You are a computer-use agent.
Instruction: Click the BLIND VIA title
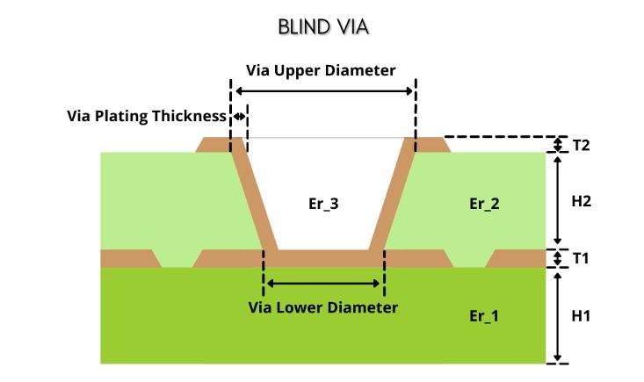click(x=322, y=27)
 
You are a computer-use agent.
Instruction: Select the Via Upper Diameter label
click(x=321, y=69)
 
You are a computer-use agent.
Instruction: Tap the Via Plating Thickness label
click(x=146, y=116)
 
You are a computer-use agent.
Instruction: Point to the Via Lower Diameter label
click(x=323, y=307)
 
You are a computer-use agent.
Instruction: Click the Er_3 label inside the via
click(x=322, y=204)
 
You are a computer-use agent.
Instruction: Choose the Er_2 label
click(x=484, y=204)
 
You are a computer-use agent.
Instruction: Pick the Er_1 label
click(x=484, y=315)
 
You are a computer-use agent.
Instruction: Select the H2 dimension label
click(x=581, y=201)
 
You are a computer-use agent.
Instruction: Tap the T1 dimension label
click(x=580, y=259)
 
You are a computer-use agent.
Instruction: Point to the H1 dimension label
click(x=581, y=315)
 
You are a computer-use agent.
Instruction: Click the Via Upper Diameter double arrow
click(x=323, y=90)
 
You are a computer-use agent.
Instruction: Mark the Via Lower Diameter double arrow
click(x=323, y=283)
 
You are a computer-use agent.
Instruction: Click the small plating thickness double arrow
click(x=238, y=116)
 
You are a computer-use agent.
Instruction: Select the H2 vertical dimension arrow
click(x=557, y=201)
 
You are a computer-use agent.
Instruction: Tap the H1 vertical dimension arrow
click(x=557, y=315)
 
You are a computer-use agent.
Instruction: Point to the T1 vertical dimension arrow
click(x=557, y=258)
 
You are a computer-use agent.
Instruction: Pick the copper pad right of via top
click(x=431, y=145)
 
